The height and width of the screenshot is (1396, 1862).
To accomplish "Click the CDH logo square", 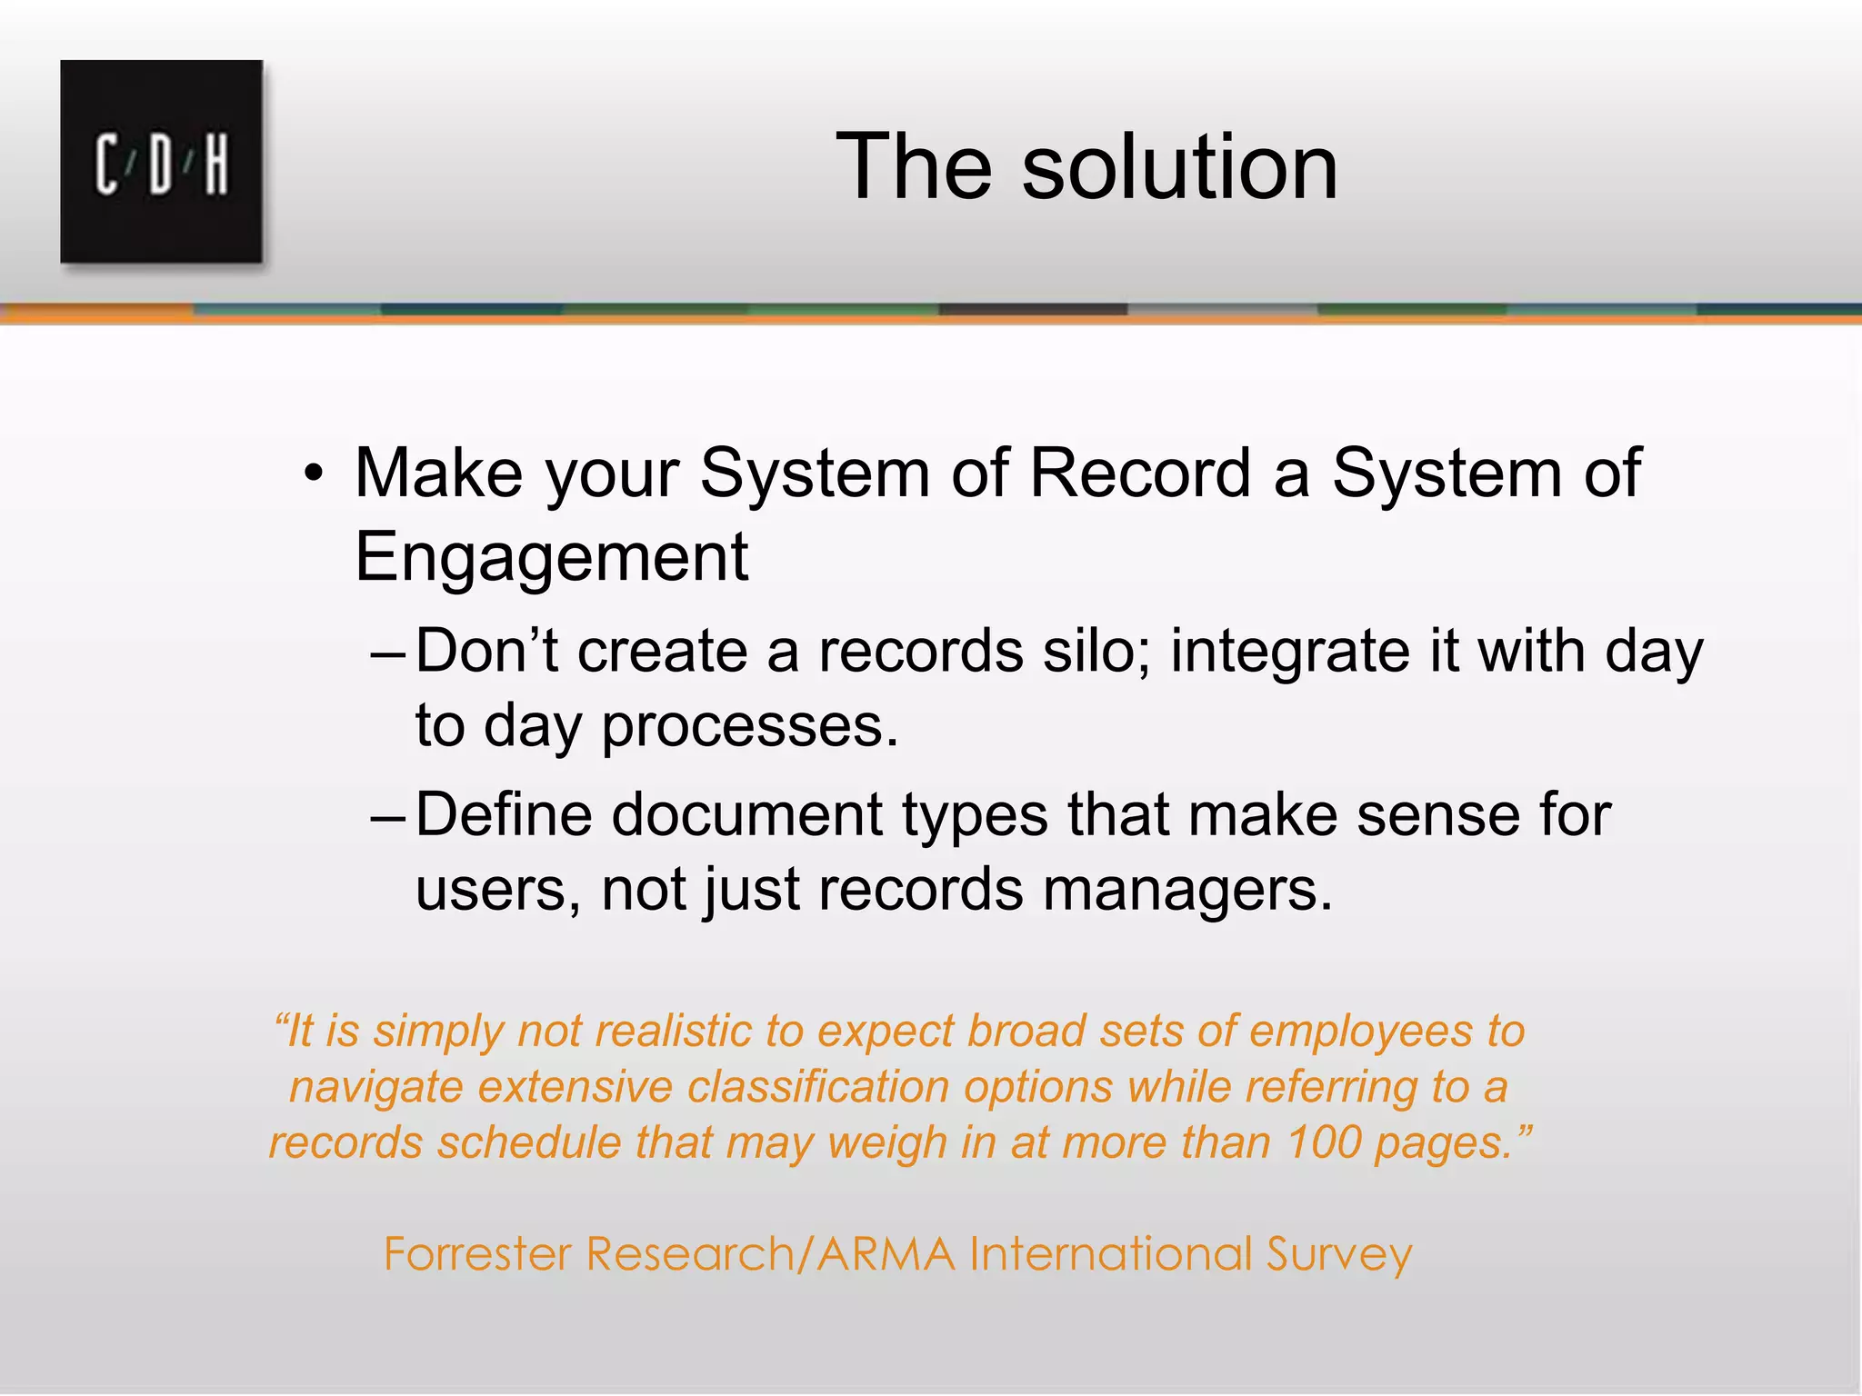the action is click(x=162, y=162).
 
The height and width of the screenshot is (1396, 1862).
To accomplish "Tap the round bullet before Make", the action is click(x=314, y=474).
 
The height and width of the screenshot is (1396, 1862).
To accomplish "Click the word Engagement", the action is click(x=551, y=556).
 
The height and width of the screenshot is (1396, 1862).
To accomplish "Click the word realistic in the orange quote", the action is click(x=673, y=1032).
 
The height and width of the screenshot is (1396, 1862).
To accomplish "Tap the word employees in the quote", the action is click(x=1360, y=1032).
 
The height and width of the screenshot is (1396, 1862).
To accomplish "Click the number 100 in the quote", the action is click(x=1324, y=1142).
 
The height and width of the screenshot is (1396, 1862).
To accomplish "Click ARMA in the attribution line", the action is click(x=886, y=1254).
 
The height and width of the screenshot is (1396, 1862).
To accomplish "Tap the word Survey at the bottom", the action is click(x=1339, y=1254).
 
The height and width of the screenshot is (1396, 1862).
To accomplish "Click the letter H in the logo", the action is click(x=215, y=165).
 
